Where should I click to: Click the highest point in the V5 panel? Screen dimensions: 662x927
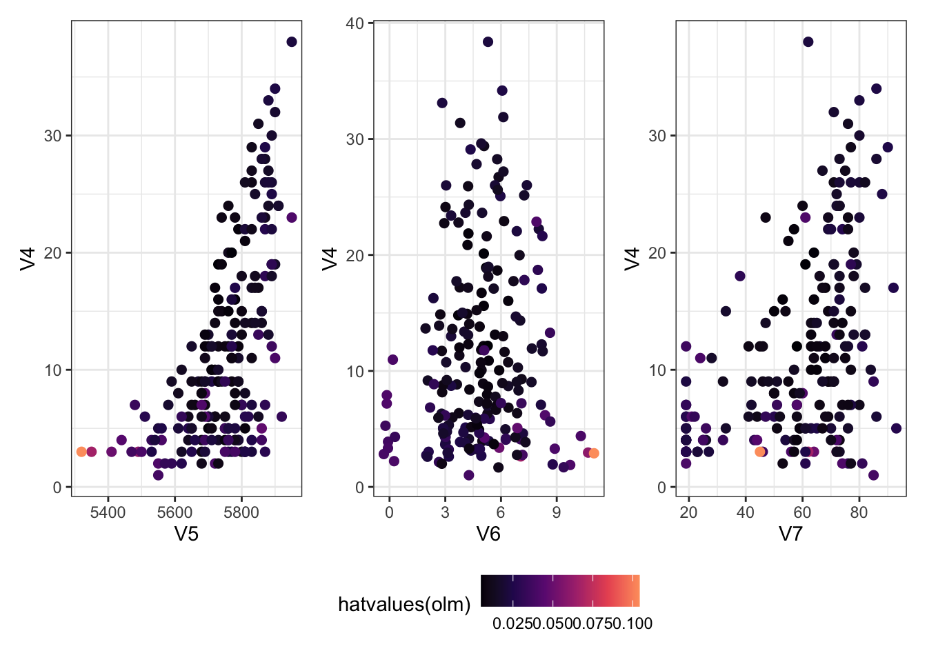click(x=291, y=42)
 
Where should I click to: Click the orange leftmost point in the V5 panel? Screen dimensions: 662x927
click(x=81, y=452)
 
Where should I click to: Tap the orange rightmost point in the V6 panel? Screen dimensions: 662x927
click(x=594, y=453)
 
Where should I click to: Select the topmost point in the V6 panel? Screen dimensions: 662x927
click(x=488, y=42)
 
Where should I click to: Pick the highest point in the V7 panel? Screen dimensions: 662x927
click(x=808, y=42)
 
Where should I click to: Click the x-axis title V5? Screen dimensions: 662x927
click(x=186, y=534)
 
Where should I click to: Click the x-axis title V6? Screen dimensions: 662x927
click(x=488, y=534)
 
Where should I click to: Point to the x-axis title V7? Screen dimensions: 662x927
click(x=790, y=534)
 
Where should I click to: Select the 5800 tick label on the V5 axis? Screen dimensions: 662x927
click(x=241, y=512)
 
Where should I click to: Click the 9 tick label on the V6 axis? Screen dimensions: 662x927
click(x=556, y=512)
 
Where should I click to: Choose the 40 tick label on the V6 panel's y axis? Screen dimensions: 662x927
click(x=355, y=23)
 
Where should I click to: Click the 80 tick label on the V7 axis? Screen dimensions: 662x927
click(x=859, y=512)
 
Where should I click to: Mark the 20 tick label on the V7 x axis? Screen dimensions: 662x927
click(x=688, y=512)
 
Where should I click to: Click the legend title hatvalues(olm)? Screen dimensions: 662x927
click(x=404, y=605)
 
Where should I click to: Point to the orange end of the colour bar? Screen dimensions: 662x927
click(x=637, y=590)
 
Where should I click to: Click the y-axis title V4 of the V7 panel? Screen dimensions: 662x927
click(x=632, y=259)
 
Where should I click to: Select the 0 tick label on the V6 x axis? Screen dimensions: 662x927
click(x=389, y=512)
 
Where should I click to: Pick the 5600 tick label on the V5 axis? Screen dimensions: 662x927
click(x=175, y=512)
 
